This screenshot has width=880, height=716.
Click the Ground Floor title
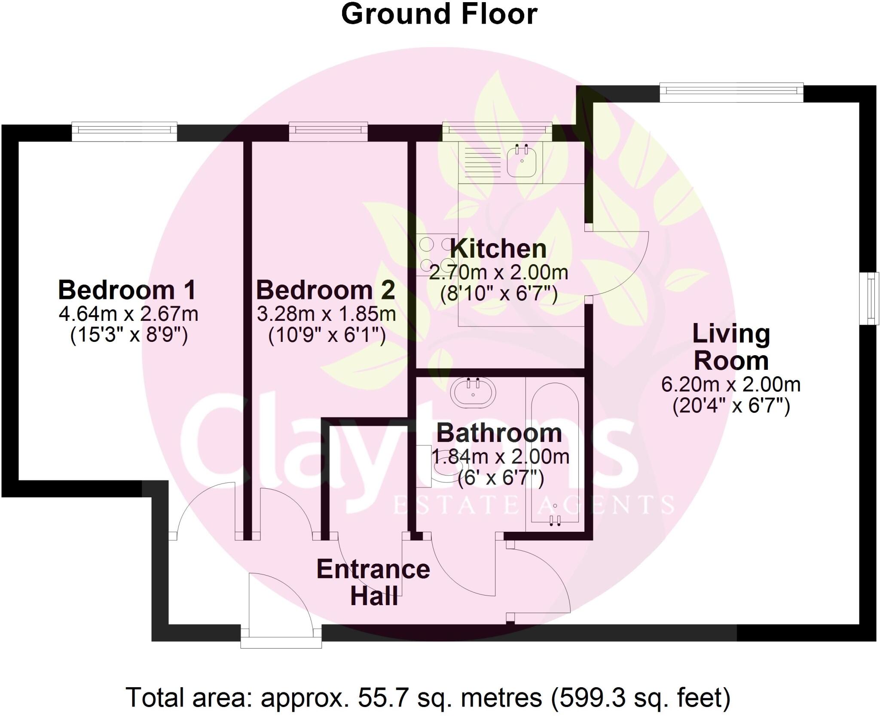point(439,15)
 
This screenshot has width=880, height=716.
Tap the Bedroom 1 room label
point(127,290)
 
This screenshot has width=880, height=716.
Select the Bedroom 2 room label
point(325,290)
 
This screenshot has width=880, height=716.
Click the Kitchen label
point(498,249)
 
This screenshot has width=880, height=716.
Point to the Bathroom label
point(499,433)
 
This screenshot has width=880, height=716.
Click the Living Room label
point(731,347)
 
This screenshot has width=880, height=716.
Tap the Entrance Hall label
point(373,583)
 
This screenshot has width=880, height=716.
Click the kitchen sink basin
point(522,161)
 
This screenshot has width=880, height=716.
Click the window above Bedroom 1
point(124,132)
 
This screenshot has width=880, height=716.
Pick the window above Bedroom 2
point(328,132)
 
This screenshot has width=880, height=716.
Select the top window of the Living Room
point(731,93)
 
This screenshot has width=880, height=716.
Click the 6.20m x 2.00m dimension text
point(730,384)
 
